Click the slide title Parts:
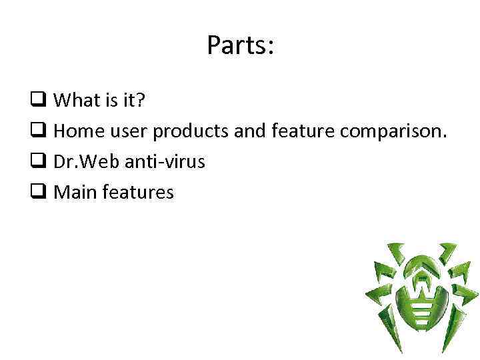tap(240, 45)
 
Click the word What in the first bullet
tap(74, 101)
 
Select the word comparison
tap(393, 132)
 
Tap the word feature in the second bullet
tap(303, 131)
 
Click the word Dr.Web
tap(82, 162)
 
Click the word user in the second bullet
tap(127, 132)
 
